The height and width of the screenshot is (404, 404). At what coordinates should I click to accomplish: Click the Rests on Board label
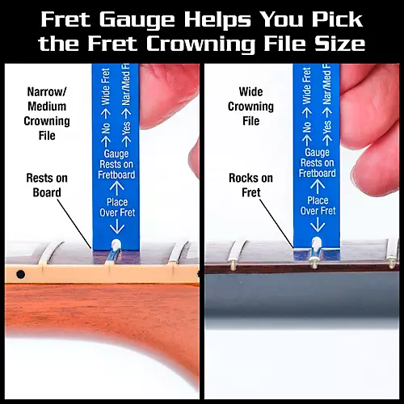[48, 183]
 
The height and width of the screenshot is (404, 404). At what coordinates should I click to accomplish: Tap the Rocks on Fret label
[250, 184]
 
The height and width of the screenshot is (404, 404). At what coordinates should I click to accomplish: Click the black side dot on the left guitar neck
[19, 275]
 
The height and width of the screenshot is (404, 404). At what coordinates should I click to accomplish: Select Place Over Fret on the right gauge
[318, 205]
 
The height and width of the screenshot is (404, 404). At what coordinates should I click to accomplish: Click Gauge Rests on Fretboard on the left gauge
[116, 162]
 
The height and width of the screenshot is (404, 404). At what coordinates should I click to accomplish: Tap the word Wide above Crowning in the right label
[251, 91]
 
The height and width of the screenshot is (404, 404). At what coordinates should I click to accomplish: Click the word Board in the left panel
[48, 191]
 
